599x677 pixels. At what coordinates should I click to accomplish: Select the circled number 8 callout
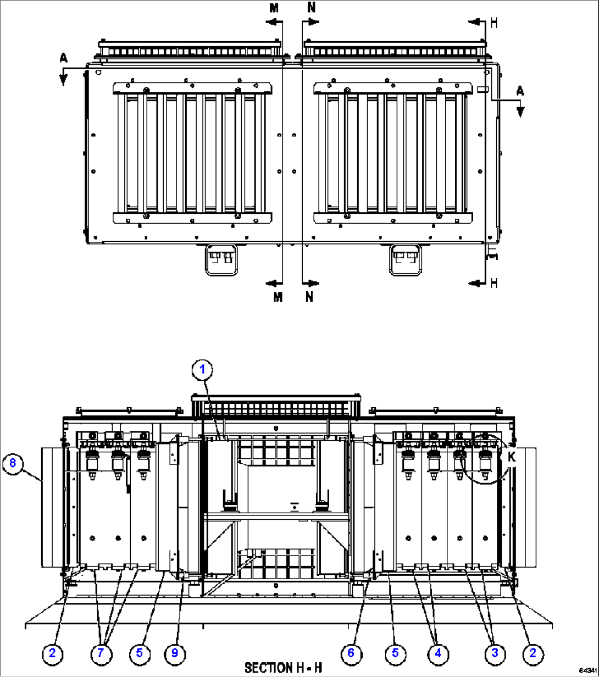13,463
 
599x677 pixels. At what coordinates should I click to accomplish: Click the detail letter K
512,457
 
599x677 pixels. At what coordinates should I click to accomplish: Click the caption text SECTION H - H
283,668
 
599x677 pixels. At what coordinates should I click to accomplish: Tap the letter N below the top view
309,297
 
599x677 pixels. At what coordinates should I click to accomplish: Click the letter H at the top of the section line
493,22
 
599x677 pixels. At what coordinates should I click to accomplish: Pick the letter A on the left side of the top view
64,58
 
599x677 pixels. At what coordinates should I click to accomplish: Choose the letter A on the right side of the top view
520,91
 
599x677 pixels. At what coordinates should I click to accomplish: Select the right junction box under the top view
404,259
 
